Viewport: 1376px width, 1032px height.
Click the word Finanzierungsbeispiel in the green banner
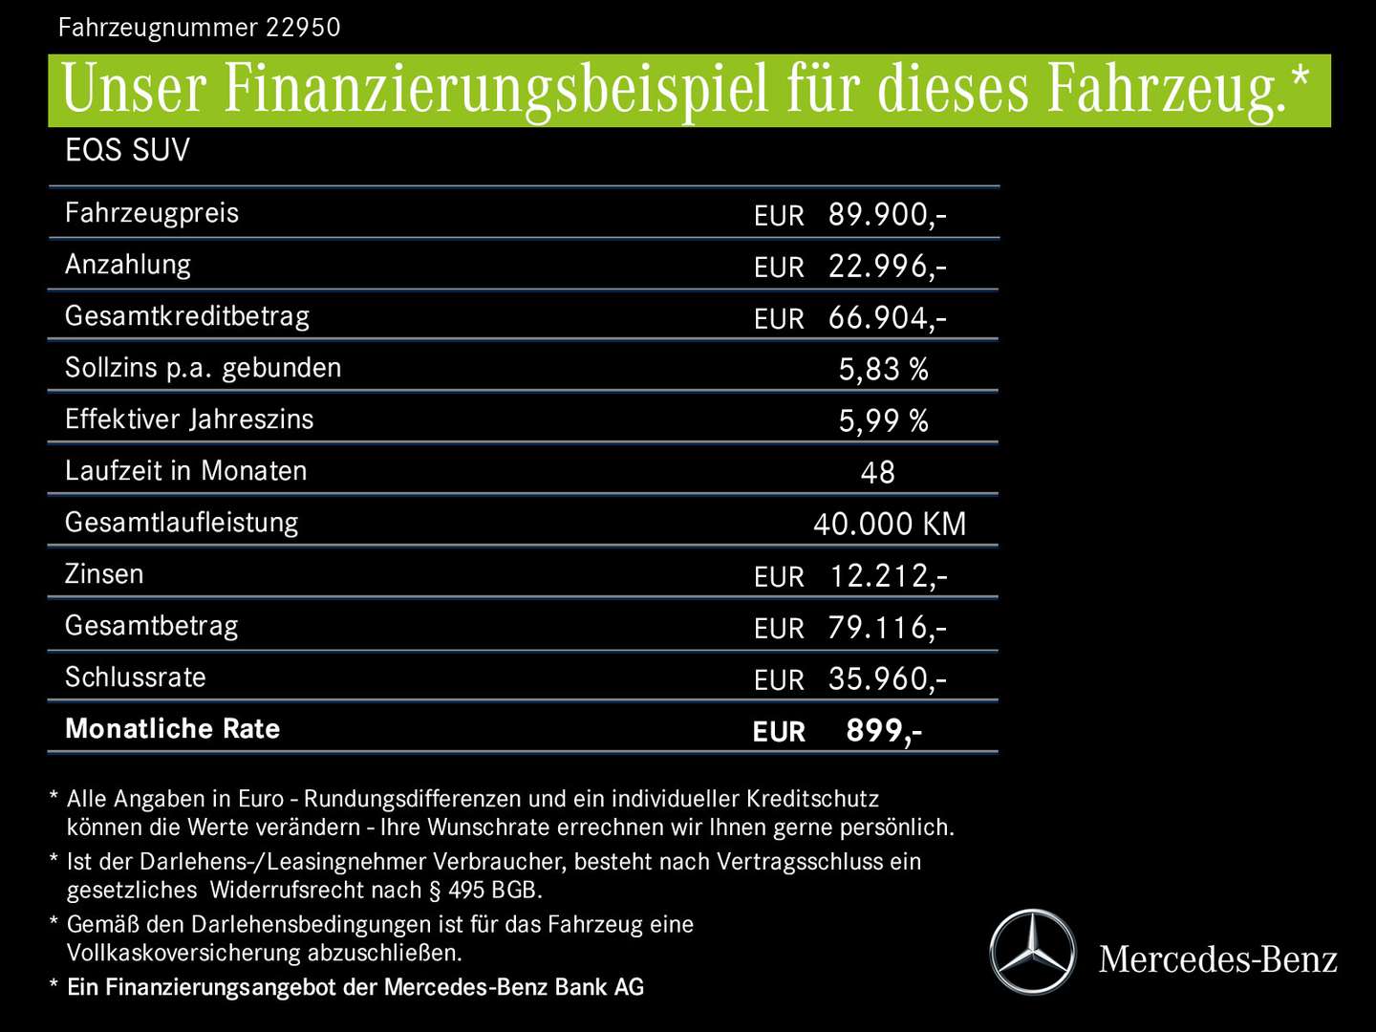point(496,90)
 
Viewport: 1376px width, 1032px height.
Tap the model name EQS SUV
point(127,150)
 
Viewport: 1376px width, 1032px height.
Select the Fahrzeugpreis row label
point(152,212)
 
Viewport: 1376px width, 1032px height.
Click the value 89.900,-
point(887,214)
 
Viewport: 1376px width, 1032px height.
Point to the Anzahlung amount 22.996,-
point(887,266)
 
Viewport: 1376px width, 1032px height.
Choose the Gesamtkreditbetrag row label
point(187,316)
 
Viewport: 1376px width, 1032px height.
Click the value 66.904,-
point(887,317)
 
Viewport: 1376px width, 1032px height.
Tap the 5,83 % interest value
point(883,369)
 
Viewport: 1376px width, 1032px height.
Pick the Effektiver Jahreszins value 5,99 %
point(883,420)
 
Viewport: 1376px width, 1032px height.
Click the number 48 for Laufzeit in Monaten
point(877,472)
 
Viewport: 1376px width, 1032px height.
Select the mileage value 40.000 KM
point(890,524)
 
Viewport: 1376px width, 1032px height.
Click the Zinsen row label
point(104,573)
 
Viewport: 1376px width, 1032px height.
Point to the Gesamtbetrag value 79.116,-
point(887,627)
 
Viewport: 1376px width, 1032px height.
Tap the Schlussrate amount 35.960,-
point(887,678)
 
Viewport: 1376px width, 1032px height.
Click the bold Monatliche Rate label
point(173,728)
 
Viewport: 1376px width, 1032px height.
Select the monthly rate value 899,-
point(884,730)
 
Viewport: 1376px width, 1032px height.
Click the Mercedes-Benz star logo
point(1032,953)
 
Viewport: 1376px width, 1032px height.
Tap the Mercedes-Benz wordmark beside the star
point(1217,958)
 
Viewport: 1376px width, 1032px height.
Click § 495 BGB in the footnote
point(484,890)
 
